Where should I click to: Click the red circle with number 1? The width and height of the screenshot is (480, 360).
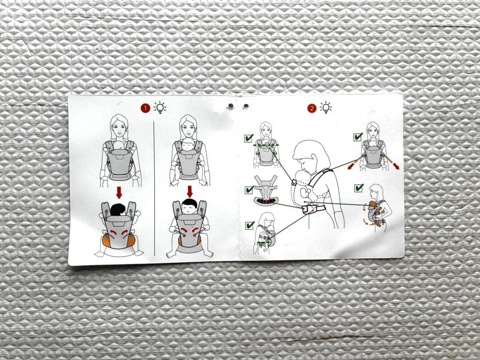coord(145,108)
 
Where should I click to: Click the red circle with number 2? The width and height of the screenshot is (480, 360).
coord(312,108)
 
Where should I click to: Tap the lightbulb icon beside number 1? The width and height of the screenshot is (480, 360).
coord(160,108)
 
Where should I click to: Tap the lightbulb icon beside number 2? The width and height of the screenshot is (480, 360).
coord(326,108)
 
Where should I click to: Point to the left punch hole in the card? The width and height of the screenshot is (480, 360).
coord(231,106)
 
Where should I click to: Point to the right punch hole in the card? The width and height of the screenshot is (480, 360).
coord(245,106)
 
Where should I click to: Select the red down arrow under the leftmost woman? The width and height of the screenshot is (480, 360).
coord(119,193)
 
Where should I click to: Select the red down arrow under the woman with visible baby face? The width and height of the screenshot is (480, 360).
coord(190,192)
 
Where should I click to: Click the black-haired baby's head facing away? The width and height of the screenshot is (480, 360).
coord(118,210)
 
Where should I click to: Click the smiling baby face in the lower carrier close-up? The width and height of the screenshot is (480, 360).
coord(190,207)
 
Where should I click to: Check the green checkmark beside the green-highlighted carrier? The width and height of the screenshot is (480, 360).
coord(249,138)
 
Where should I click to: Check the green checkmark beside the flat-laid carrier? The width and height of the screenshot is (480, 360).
coord(249,189)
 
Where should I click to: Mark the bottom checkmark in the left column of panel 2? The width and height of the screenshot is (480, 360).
coord(250,225)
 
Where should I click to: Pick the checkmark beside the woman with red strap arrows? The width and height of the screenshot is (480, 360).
coord(358,136)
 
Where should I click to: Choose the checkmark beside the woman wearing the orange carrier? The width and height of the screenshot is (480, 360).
coord(359,188)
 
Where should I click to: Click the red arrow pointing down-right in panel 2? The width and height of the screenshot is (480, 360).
coord(392,162)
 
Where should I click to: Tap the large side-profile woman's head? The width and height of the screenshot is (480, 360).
coord(310,155)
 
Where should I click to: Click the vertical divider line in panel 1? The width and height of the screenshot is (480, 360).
coord(154,188)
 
